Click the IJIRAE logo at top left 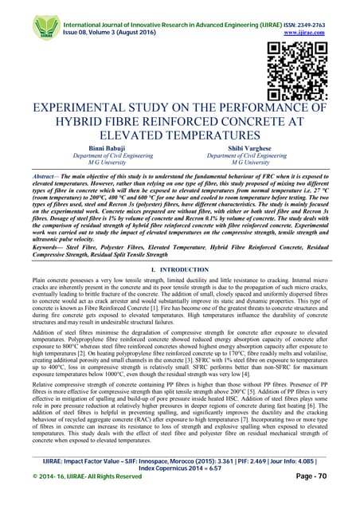(x=46, y=26)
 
